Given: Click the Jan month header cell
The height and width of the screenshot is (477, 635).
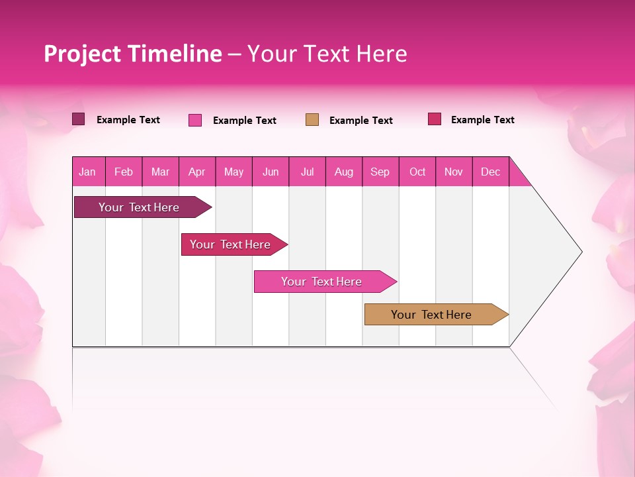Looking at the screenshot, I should click(88, 172).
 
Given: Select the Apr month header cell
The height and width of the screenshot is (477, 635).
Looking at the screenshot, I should click(197, 172).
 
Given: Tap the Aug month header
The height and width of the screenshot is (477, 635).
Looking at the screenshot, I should click(344, 172).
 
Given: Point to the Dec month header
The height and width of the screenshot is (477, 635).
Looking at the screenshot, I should click(491, 172).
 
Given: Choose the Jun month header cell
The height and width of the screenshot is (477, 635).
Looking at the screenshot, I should click(271, 172).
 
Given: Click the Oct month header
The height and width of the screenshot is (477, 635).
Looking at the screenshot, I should click(417, 172).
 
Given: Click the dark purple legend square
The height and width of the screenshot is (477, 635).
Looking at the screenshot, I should click(78, 119).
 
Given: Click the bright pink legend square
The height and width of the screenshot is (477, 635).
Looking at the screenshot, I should click(195, 120).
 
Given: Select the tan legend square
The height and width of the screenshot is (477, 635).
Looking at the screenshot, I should click(312, 120).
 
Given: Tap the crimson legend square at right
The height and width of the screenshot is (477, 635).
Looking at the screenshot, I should click(435, 119).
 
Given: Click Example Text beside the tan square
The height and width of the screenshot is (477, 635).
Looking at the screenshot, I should click(361, 121).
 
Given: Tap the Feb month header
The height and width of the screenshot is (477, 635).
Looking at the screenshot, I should click(124, 172).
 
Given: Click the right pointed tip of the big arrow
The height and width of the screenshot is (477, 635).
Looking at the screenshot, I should click(580, 252).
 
